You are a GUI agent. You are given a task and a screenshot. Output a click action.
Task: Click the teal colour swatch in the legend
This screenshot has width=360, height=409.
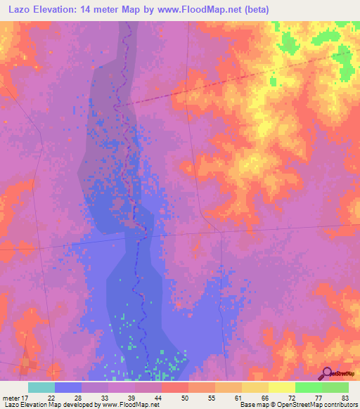tap(41, 387)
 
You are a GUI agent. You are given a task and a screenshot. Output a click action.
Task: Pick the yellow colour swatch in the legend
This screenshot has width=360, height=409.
tap(281, 387)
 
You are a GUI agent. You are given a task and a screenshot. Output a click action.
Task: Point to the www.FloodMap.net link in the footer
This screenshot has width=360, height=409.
tap(129, 405)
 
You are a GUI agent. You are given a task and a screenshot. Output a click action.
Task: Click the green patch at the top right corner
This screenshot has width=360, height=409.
tap(346, 63)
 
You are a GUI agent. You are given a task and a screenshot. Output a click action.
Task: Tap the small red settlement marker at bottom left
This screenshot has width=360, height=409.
tap(28, 363)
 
